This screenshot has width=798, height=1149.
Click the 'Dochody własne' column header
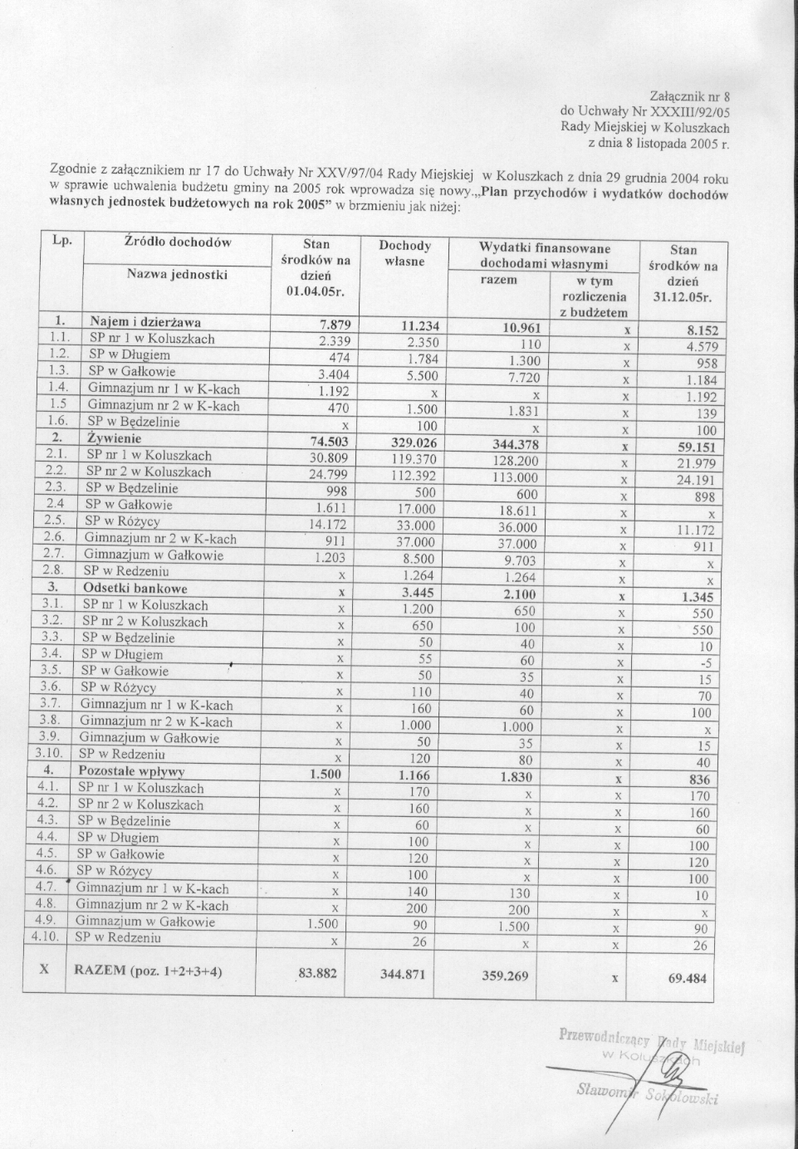pyautogui.click(x=404, y=253)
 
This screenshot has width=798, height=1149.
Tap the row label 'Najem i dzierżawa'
pyautogui.click(x=145, y=322)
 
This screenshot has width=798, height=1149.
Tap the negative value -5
pyautogui.click(x=705, y=663)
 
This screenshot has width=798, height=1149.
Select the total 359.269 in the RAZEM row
pyautogui.click(x=504, y=976)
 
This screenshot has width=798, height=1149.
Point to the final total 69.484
pyautogui.click(x=688, y=978)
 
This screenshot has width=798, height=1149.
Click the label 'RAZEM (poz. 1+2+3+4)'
pyautogui.click(x=148, y=971)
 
